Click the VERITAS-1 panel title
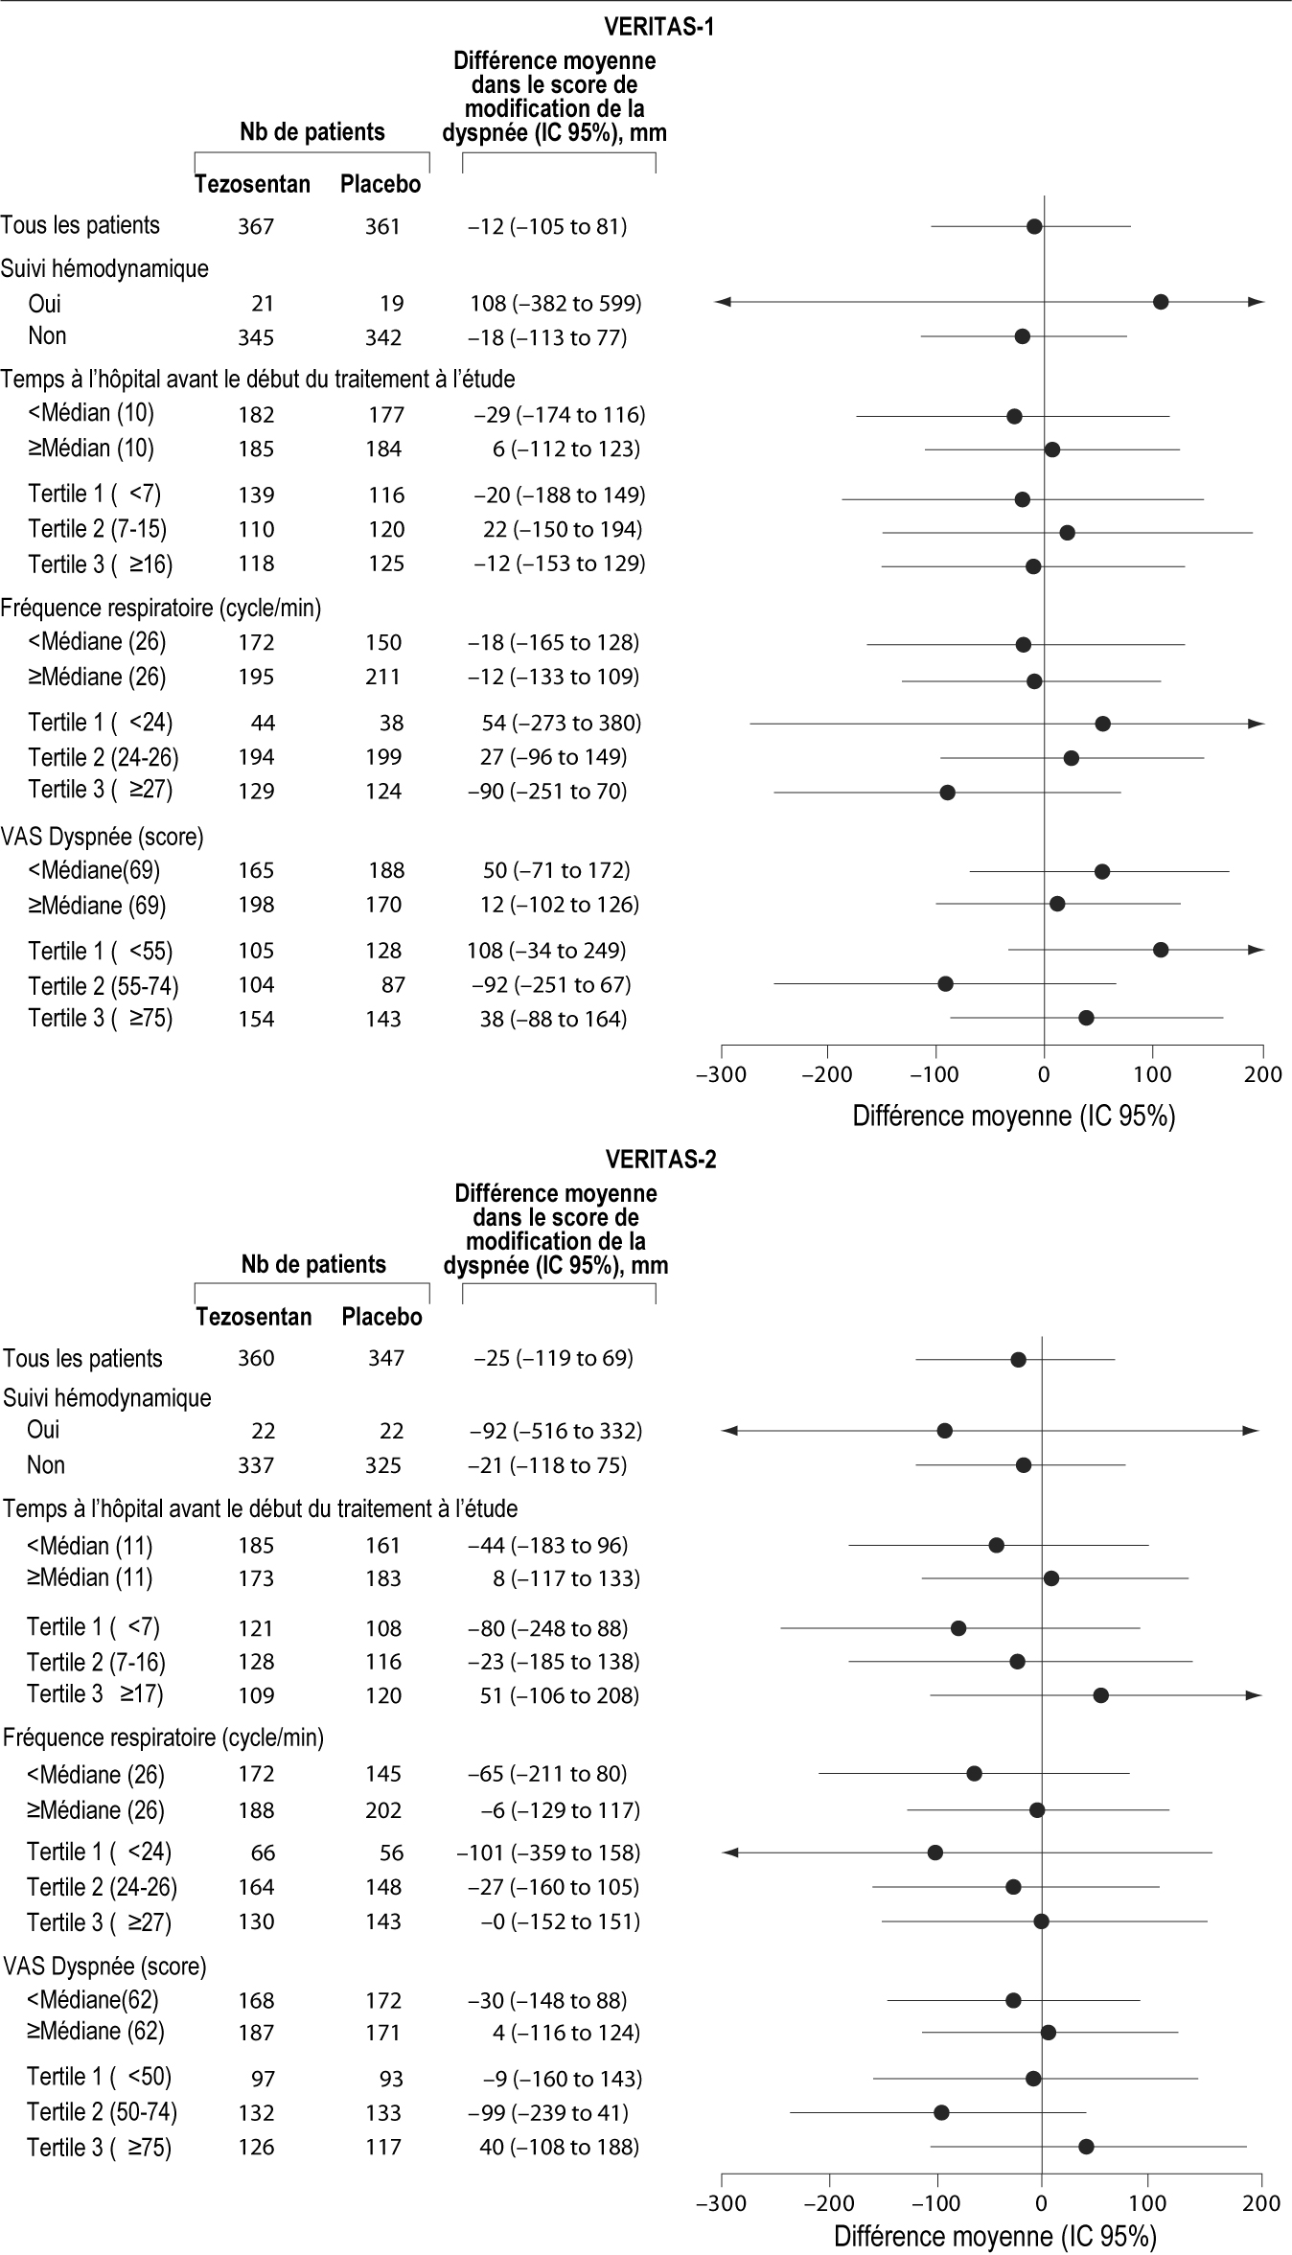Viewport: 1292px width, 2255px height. (x=659, y=27)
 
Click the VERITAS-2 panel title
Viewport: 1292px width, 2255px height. (x=660, y=1160)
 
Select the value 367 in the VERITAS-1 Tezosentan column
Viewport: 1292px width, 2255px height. (x=256, y=227)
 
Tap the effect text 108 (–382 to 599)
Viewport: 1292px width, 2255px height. (x=549, y=304)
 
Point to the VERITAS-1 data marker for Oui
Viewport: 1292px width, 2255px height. (x=1160, y=302)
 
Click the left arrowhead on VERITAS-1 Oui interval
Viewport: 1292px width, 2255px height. (x=725, y=302)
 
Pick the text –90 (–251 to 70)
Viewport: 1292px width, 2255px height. (x=548, y=792)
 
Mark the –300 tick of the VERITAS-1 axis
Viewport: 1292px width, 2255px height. (x=721, y=1073)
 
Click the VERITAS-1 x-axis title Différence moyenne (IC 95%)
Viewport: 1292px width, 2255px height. (x=1013, y=1116)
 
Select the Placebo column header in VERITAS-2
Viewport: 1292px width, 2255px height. (x=381, y=1317)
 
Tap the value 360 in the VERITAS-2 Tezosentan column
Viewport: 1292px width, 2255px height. (x=256, y=1359)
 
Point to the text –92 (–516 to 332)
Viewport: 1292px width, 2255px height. (x=555, y=1431)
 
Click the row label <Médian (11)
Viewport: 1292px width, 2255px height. (x=90, y=1545)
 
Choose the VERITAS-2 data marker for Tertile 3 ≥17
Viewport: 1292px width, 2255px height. (x=1100, y=1695)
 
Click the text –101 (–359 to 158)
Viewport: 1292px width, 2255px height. (x=548, y=1852)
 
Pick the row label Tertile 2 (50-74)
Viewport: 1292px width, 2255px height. (x=102, y=2112)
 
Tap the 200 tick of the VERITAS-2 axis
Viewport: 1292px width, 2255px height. (x=1261, y=2204)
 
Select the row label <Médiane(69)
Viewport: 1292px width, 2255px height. (x=94, y=870)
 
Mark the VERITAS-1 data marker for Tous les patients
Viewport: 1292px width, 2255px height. (x=1033, y=226)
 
